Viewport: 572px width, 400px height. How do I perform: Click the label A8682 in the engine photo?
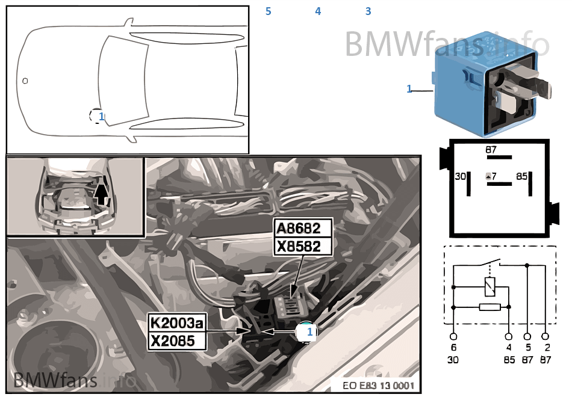pyautogui.click(x=303, y=229)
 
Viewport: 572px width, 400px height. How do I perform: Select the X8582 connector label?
pyautogui.click(x=303, y=247)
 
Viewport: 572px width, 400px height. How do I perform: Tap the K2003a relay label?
pyautogui.click(x=177, y=323)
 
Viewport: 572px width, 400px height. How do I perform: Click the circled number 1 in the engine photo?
pyautogui.click(x=306, y=331)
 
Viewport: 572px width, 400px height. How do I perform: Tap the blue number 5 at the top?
pyautogui.click(x=269, y=11)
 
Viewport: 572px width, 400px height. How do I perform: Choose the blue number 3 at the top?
pyautogui.click(x=368, y=11)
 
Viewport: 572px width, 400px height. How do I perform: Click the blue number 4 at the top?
pyautogui.click(x=318, y=11)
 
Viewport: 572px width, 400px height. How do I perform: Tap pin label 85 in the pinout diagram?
pyautogui.click(x=522, y=176)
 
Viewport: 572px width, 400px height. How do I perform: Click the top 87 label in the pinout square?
pyautogui.click(x=492, y=149)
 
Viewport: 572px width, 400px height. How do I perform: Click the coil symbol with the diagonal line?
pyautogui.click(x=491, y=287)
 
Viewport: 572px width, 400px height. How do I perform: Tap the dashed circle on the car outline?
pyautogui.click(x=96, y=115)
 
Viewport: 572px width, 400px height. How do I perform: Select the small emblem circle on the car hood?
pyautogui.click(x=25, y=80)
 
